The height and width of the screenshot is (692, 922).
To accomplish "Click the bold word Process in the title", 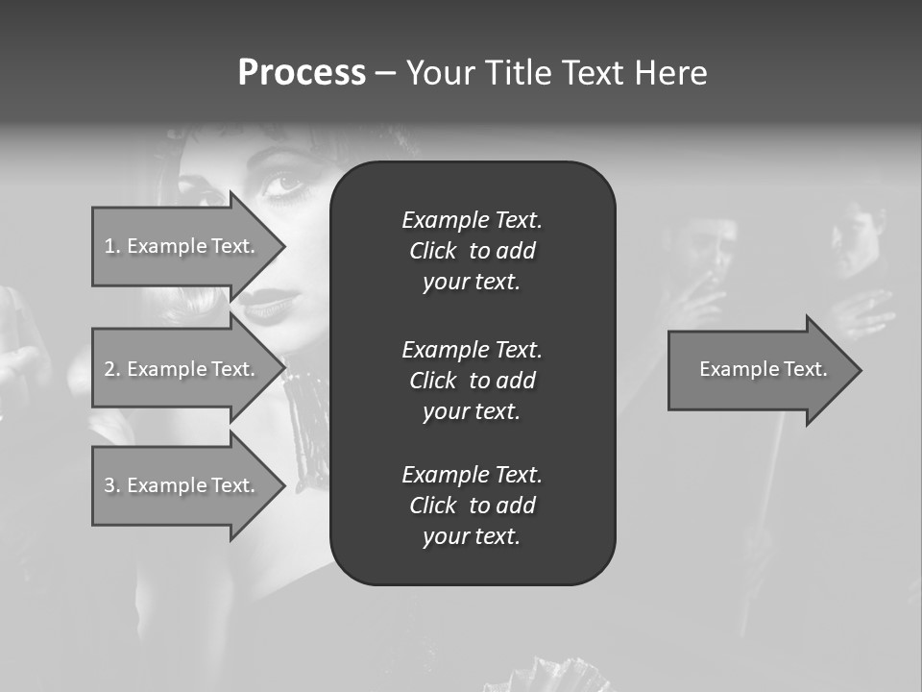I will tap(302, 73).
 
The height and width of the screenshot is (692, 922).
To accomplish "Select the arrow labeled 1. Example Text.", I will tap(182, 246).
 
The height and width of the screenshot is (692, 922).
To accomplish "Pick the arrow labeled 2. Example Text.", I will tap(182, 369).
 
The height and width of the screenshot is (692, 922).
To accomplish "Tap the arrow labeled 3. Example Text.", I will tap(182, 485).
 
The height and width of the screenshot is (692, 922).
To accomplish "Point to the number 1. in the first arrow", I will tap(111, 246).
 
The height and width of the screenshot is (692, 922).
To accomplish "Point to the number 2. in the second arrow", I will tap(111, 369).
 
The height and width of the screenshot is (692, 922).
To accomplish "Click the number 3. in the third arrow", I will tap(111, 485).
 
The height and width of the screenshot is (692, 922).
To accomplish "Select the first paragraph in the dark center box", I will tap(472, 251).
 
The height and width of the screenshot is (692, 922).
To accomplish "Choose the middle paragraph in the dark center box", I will tap(472, 381).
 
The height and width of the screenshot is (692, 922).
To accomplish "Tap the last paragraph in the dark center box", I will tap(472, 506).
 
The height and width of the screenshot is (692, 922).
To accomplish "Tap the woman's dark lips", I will tap(266, 308).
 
